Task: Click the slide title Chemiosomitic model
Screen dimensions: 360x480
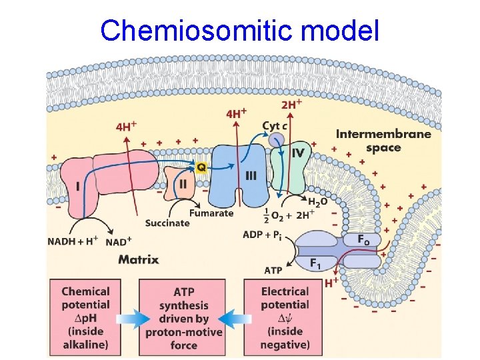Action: tap(239, 30)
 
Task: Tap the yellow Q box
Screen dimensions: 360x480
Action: tap(201, 167)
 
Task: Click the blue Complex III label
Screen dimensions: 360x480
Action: tap(251, 175)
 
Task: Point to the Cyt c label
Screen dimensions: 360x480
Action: tap(275, 125)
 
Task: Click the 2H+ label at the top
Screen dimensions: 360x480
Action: tap(291, 104)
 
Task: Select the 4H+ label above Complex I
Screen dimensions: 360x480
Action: tap(126, 125)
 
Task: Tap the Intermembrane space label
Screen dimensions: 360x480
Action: tap(383, 140)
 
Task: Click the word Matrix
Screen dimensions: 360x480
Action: tap(138, 259)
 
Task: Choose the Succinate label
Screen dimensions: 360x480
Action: tap(167, 223)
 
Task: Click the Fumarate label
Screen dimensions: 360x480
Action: tap(211, 213)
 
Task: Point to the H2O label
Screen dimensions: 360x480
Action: tap(317, 201)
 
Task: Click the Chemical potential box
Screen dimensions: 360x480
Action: tap(85, 317)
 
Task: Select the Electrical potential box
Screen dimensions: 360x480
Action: tap(285, 317)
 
